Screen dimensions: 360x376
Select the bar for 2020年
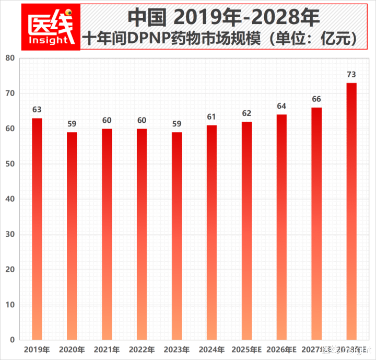point(72,236)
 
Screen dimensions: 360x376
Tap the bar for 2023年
point(177,236)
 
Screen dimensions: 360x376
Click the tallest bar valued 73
point(351,212)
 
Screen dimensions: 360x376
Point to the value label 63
point(37,110)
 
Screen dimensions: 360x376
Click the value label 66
point(316,99)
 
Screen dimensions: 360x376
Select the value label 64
point(281,106)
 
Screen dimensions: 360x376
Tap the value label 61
point(211,117)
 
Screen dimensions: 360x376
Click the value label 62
point(247,113)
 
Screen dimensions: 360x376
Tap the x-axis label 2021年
point(107,350)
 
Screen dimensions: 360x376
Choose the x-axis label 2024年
point(211,350)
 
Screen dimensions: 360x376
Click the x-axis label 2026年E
point(281,350)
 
